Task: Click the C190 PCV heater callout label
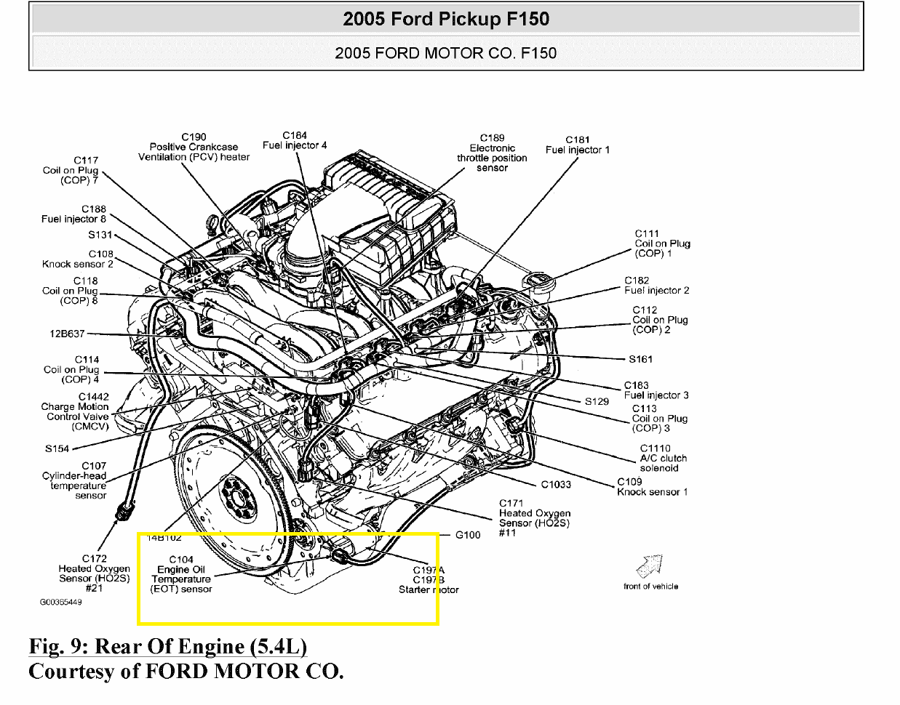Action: coord(194,147)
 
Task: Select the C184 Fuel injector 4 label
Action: coord(295,140)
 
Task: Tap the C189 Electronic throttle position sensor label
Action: coord(492,153)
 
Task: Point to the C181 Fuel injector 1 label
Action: coord(578,145)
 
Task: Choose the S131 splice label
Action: coord(100,235)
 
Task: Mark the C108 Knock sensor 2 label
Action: coord(78,259)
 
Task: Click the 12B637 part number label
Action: coord(67,334)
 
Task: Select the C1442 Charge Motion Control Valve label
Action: coord(76,412)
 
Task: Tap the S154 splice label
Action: coord(57,448)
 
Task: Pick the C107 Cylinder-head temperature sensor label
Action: coord(76,480)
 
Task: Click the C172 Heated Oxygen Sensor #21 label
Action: coord(95,573)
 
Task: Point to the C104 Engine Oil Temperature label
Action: coord(181,574)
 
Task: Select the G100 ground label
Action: coord(468,535)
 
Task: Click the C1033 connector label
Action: coord(556,485)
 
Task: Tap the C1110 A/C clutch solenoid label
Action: coord(662,459)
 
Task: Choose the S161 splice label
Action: coord(640,359)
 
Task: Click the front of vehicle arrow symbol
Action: coord(650,566)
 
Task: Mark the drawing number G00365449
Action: coord(61,603)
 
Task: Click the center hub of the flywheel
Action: coord(234,497)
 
